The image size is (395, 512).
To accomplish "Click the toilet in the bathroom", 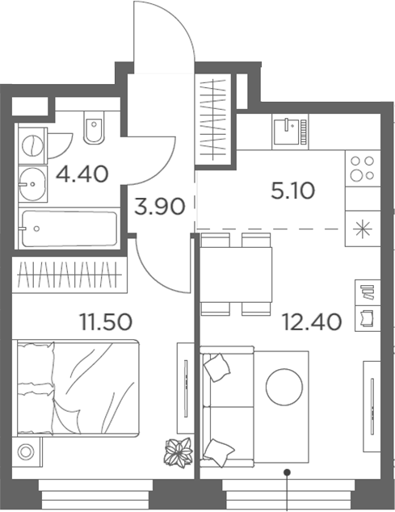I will [93, 131].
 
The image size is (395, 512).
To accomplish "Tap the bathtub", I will [69, 229].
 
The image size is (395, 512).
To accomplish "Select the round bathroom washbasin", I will [32, 183].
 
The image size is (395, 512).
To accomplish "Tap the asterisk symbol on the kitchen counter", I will [361, 226].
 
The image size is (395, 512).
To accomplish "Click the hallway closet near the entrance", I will [214, 117].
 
